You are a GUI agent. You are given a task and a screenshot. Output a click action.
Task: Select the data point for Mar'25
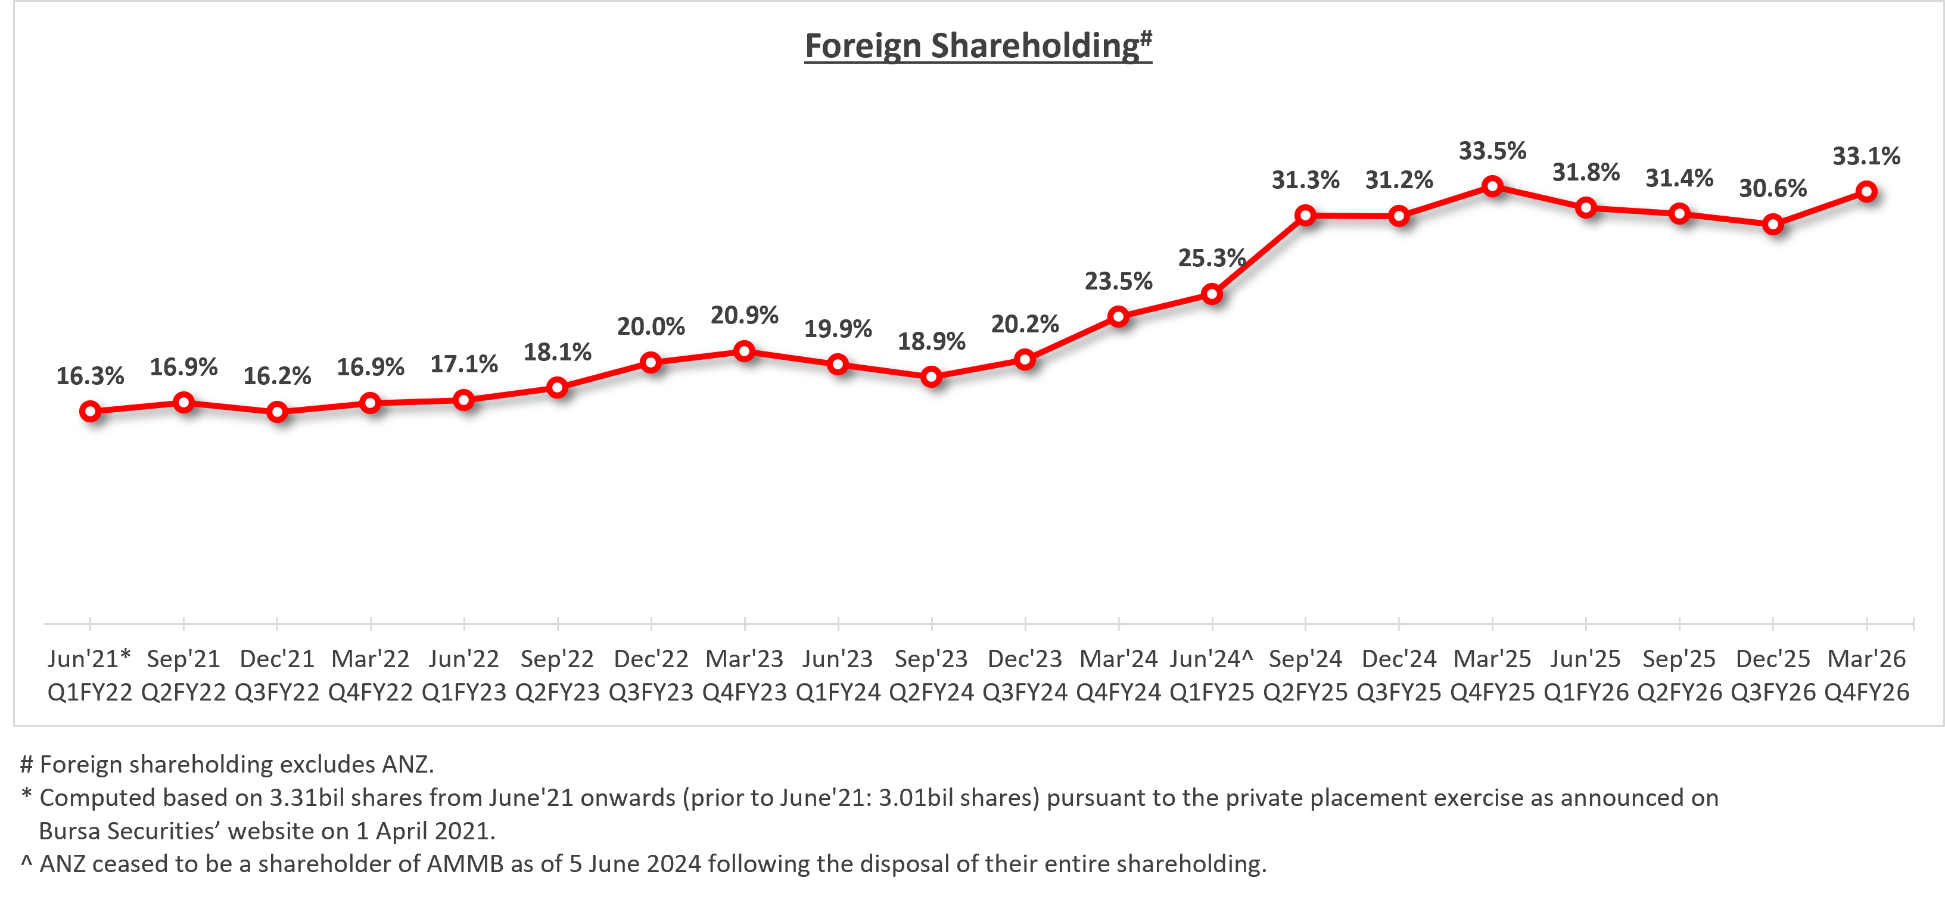1492,186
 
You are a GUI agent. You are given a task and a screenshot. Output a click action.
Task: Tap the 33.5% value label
1492,151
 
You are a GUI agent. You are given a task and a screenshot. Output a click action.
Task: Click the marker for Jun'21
91,412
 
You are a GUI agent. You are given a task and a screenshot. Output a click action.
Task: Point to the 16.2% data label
277,375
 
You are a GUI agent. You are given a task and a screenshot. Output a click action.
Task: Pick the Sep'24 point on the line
1305,216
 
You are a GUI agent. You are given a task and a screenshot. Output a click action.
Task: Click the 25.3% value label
1211,258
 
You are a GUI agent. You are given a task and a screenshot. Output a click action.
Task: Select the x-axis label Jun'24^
1211,658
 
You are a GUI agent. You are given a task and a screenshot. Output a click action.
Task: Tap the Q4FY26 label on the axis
1866,692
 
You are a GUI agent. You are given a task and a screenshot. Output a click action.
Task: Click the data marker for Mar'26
1866,192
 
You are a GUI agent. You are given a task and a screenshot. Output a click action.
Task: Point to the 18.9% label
931,341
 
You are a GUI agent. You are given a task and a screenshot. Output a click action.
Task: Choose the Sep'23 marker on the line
932,376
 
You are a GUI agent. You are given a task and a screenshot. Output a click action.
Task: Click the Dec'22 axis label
651,658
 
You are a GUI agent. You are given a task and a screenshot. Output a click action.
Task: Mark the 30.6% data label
1773,188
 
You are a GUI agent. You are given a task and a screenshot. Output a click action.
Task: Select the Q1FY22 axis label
90,692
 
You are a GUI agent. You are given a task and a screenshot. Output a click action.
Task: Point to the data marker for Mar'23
745,351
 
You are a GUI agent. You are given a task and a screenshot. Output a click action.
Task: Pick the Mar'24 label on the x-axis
1118,658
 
